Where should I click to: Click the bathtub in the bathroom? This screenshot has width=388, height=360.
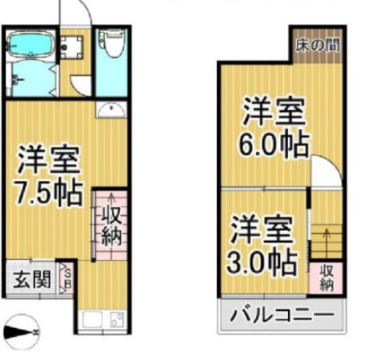tap(31, 45)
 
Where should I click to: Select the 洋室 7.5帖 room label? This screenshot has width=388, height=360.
tap(49, 175)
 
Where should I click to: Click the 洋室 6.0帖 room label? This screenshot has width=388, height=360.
tap(274, 128)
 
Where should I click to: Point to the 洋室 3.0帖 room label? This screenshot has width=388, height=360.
tap(262, 245)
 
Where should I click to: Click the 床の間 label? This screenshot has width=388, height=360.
tap(318, 46)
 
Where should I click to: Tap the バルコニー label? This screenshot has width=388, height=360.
tap(282, 315)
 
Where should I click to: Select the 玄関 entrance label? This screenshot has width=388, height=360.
tap(32, 279)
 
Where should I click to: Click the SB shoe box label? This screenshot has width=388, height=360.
tap(68, 279)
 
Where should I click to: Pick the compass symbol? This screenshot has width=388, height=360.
tap(21, 332)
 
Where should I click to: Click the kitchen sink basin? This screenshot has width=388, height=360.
tap(92, 320)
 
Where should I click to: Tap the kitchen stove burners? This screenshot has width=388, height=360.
tap(118, 320)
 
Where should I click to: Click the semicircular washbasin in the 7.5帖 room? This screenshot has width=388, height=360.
tap(112, 109)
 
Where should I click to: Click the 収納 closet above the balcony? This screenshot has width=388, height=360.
tap(327, 278)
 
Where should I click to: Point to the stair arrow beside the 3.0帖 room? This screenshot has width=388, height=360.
tap(327, 242)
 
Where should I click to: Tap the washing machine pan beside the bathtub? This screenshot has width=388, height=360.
tap(72, 47)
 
